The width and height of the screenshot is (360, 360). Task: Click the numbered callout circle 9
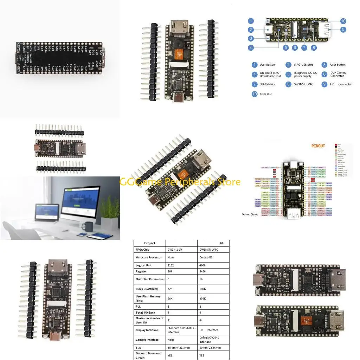(x=343, y=30)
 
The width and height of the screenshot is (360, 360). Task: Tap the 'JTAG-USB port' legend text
(x=304, y=65)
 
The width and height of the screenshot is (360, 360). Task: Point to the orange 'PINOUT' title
(x=318, y=146)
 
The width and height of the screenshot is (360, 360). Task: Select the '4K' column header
(x=222, y=243)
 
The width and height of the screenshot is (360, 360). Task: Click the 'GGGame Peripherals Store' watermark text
(x=180, y=182)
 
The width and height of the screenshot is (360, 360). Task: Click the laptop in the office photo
(x=46, y=214)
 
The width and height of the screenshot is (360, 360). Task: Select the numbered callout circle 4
(x=251, y=47)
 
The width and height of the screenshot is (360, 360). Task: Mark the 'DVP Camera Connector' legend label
(x=338, y=74)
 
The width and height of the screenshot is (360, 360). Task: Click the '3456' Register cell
(x=203, y=272)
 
